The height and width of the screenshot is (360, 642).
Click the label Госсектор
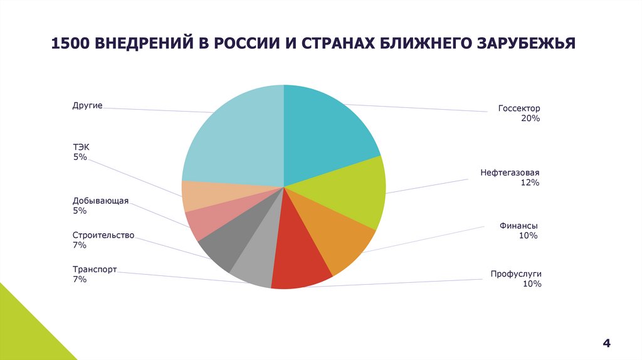pyautogui.click(x=519, y=108)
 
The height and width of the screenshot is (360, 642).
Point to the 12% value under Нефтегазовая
pyautogui.click(x=530, y=183)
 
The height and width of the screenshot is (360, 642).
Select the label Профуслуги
pyautogui.click(x=516, y=274)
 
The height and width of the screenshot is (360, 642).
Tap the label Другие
pyautogui.click(x=87, y=105)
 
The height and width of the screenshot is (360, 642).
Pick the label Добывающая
pyautogui.click(x=100, y=201)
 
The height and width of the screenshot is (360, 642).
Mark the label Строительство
pyautogui.click(x=103, y=235)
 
